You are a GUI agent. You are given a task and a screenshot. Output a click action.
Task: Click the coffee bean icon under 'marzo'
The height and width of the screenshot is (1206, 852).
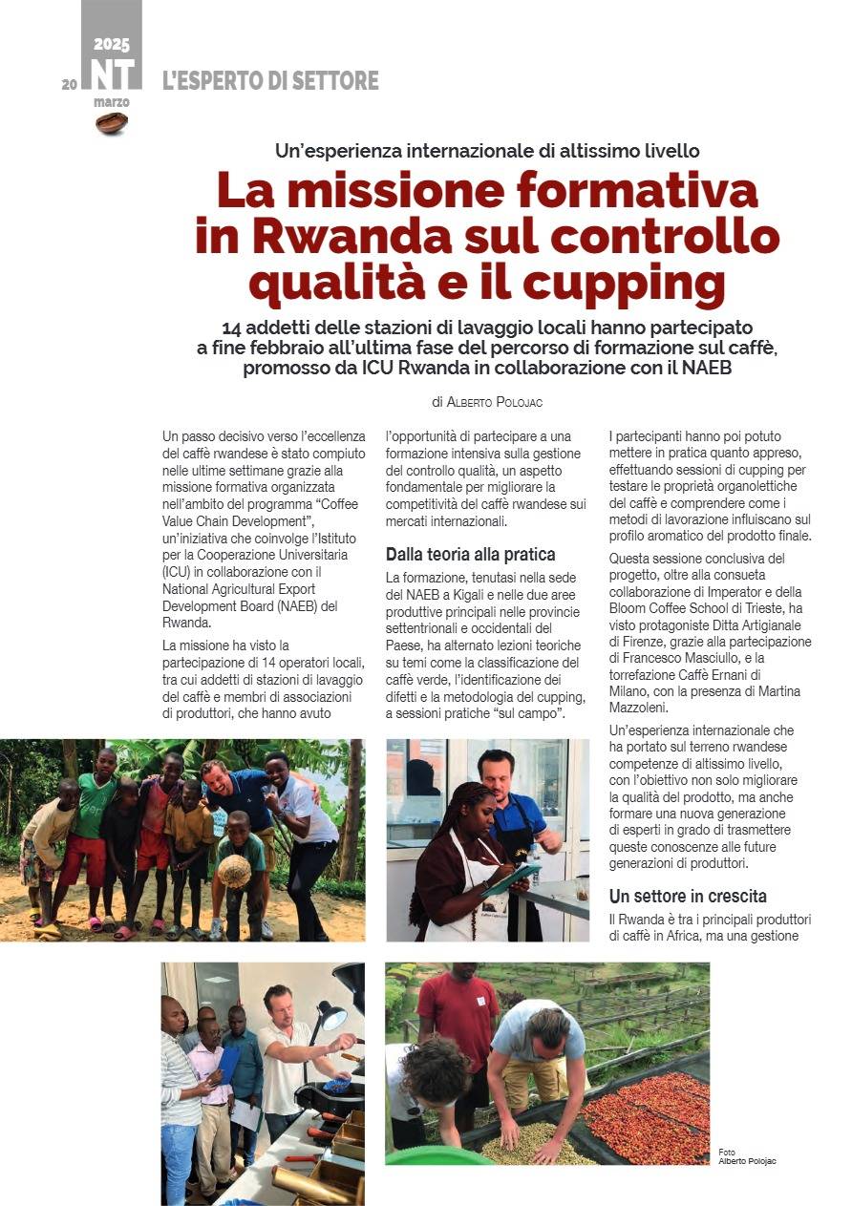pos(112,122)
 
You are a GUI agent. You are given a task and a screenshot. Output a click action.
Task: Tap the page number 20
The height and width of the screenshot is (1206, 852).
pos(69,84)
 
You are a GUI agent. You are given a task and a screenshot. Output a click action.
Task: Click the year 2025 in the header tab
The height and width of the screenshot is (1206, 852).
pos(112,45)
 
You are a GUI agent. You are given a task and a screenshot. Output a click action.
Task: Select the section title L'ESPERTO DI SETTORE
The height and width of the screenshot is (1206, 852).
pos(270,81)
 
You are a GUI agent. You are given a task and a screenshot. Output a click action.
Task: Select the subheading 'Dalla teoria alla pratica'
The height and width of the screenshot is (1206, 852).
pos(470,554)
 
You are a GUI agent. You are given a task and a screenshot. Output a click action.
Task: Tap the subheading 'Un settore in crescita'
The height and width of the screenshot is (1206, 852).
pos(688,896)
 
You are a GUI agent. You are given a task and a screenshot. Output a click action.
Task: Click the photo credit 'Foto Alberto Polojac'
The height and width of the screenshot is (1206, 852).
pos(747,1156)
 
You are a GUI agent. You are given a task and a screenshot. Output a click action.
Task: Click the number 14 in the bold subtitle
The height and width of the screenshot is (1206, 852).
pos(235,327)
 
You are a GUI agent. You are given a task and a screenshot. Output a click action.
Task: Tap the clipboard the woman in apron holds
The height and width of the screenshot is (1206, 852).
pos(503,878)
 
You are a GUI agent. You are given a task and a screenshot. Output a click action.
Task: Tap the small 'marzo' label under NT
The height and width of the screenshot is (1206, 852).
pos(112,101)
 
